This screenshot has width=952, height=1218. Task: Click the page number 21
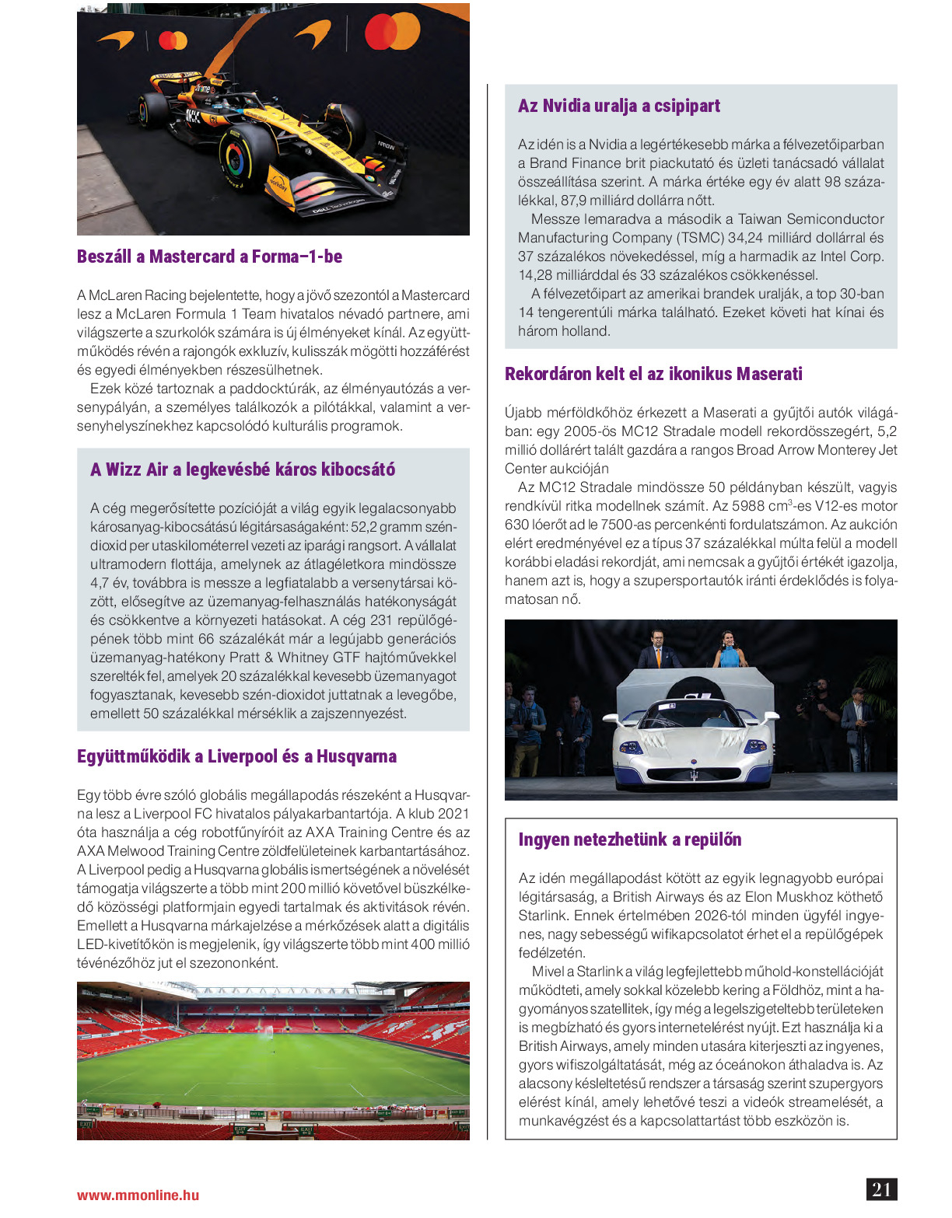coord(881,1189)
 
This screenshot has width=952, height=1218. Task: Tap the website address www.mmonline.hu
coord(138,1195)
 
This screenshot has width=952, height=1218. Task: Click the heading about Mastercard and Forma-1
coord(209,257)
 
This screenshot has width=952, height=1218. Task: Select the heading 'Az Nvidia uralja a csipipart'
coord(619,106)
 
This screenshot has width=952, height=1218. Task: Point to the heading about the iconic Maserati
coord(653,374)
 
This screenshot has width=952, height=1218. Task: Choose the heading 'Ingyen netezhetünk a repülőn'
coord(630,839)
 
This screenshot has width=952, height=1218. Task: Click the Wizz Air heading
coord(243,469)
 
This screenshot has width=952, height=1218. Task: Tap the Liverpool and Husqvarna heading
coord(236,756)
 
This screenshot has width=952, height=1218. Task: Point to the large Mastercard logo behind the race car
coord(392,31)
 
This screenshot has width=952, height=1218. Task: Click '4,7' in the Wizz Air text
coord(100,583)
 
